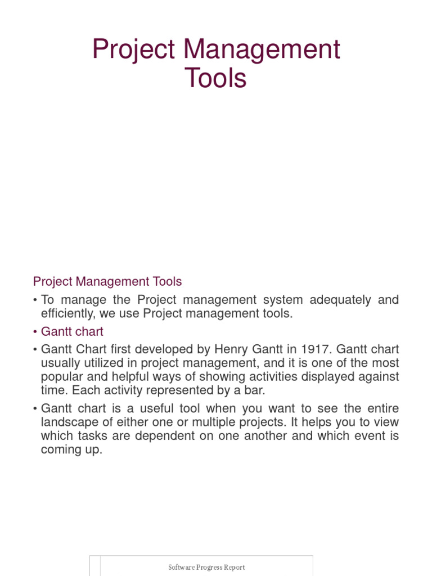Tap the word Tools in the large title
pos(216,78)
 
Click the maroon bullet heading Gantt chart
pos(72,332)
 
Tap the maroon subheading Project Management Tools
pos(107,281)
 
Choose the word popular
pos(60,376)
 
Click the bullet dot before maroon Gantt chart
pos(35,332)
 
